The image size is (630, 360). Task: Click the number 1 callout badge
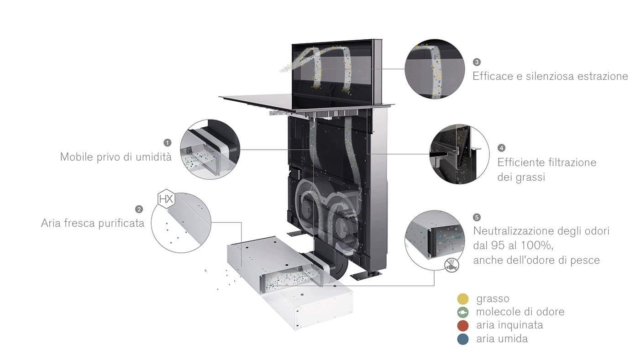tap(168, 142)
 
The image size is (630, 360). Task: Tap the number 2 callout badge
tap(139, 209)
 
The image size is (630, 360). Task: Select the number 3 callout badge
tap(477, 62)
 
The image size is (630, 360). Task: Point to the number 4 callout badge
tap(502, 148)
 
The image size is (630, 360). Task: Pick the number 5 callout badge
tap(478, 217)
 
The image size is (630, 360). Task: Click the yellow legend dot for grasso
tap(463, 299)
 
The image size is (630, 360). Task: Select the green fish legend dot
tap(463, 313)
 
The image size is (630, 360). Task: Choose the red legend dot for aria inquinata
tap(463, 326)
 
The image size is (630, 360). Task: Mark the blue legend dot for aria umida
tap(463, 339)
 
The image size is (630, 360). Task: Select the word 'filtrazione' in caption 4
tap(572, 162)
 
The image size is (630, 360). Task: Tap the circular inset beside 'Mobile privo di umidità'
tap(210, 149)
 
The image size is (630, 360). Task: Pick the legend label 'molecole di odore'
tap(520, 312)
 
